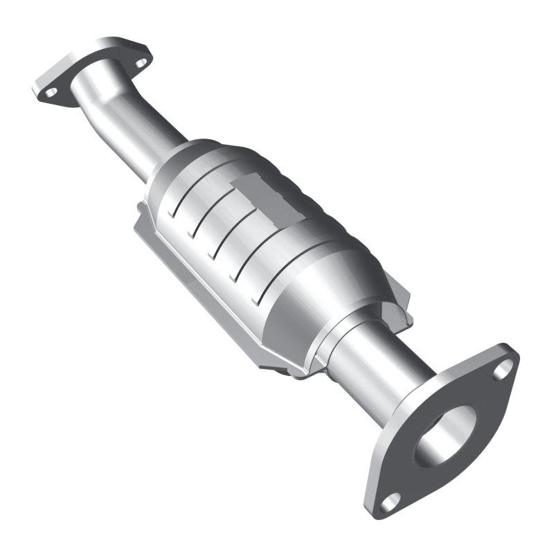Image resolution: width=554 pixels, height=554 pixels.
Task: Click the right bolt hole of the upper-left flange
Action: [x=141, y=62]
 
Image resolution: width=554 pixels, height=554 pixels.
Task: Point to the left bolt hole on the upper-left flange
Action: [x=51, y=91]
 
